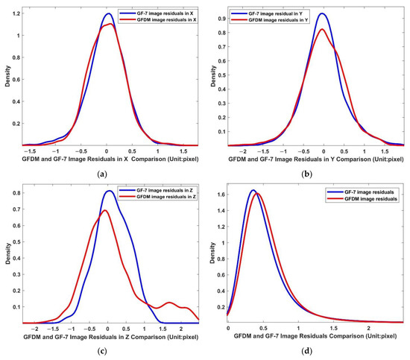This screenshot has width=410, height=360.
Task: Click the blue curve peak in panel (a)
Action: coord(108,13)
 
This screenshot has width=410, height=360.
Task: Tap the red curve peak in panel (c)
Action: coord(105,210)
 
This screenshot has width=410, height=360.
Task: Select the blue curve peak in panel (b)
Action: coord(321,13)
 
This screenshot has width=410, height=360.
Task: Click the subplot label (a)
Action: coord(102,171)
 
